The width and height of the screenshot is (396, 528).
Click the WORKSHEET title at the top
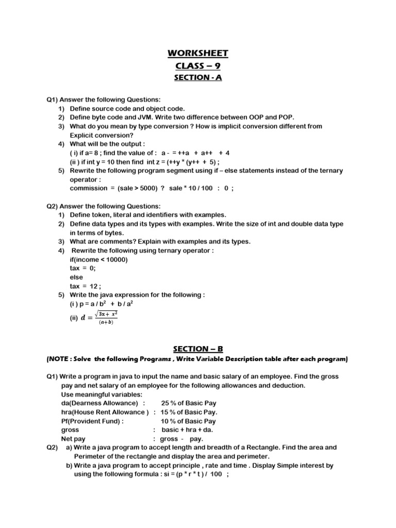click(198, 54)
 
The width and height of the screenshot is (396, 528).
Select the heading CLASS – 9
click(198, 65)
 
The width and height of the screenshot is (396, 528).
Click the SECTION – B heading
click(197, 349)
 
